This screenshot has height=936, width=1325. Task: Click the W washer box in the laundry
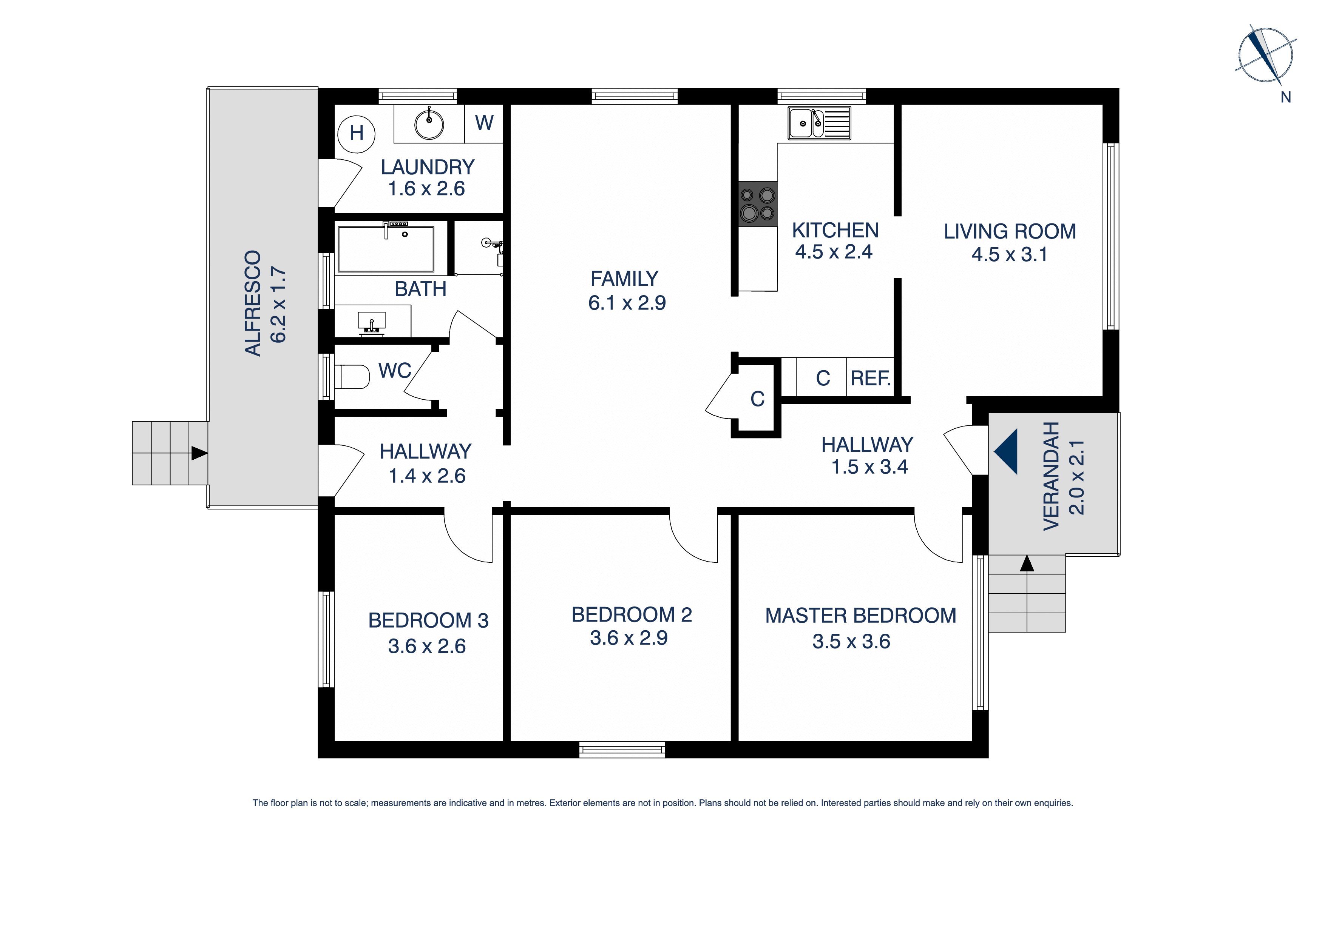[484, 123]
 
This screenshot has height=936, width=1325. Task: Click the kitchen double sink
[819, 123]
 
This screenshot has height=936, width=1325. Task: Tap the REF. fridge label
[870, 378]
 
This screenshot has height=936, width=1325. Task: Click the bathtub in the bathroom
[386, 249]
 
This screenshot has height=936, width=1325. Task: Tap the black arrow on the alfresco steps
[199, 453]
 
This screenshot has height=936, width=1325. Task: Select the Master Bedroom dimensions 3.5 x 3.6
[851, 641]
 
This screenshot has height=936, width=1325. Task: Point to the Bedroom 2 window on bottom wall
[622, 750]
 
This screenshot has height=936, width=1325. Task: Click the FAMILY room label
[624, 279]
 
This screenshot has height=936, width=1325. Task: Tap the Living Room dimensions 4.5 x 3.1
[1009, 254]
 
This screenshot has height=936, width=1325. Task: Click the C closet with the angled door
[757, 399]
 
